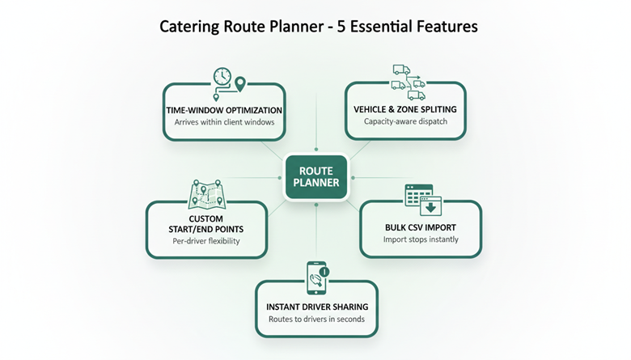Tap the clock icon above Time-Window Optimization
(x=222, y=77)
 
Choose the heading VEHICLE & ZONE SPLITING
(x=405, y=109)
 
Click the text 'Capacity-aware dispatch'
(x=405, y=122)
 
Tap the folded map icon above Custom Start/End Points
(x=205, y=193)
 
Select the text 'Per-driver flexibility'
(x=205, y=241)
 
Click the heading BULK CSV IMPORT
(x=420, y=227)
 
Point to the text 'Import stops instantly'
(x=420, y=239)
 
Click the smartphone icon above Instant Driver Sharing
(x=315, y=277)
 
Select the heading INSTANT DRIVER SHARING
(x=316, y=307)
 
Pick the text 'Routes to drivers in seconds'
(x=316, y=320)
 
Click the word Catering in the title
(x=188, y=26)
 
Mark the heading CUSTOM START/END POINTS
(x=205, y=224)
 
